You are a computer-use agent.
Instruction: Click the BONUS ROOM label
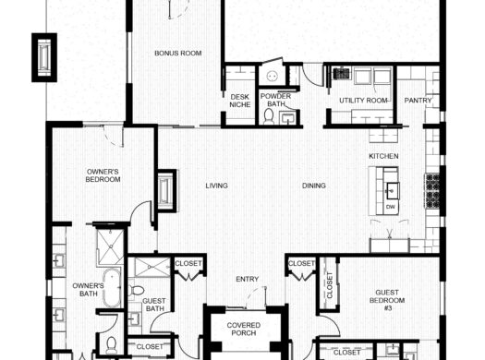pyautogui.click(x=177, y=54)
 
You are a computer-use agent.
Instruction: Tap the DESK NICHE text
pyautogui.click(x=239, y=101)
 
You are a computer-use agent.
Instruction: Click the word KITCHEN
pyautogui.click(x=383, y=157)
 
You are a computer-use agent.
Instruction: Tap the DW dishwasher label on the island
pyautogui.click(x=391, y=207)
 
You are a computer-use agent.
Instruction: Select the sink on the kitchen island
pyautogui.click(x=391, y=189)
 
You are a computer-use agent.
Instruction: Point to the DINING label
pyautogui.click(x=313, y=186)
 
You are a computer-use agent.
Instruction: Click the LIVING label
pyautogui.click(x=216, y=186)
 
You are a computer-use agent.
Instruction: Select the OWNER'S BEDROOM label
pyautogui.click(x=103, y=175)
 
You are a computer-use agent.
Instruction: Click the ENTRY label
pyautogui.click(x=247, y=280)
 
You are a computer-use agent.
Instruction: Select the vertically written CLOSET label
pyautogui.click(x=329, y=286)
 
